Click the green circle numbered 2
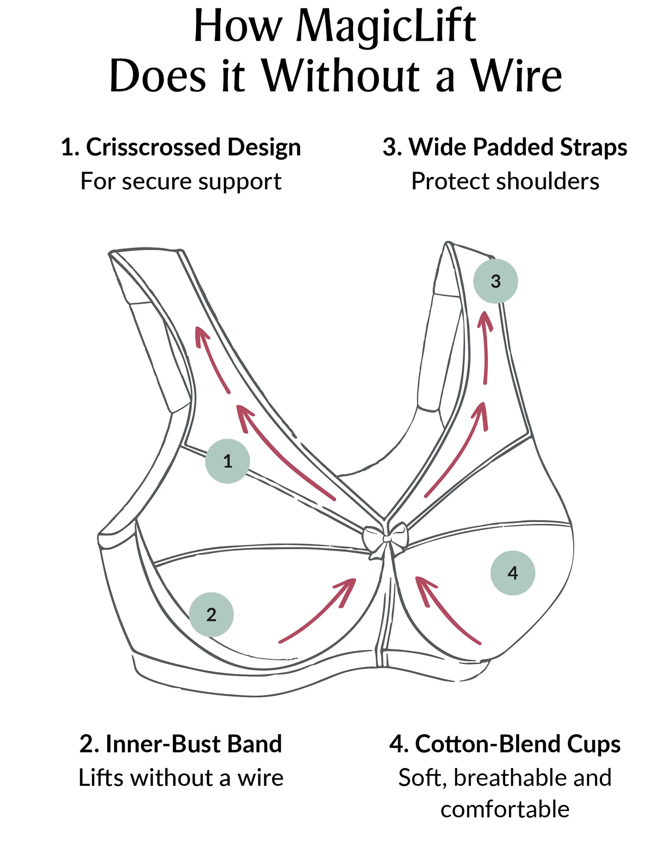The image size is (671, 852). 211,614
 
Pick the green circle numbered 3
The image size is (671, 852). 495,281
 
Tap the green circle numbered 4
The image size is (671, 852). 513,573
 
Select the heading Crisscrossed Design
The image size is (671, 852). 193,147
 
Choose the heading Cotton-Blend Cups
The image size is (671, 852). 518,744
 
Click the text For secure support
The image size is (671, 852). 181,182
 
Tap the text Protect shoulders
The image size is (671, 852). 505,182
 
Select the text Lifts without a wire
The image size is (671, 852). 181,778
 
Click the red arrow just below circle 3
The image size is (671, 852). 486,346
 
